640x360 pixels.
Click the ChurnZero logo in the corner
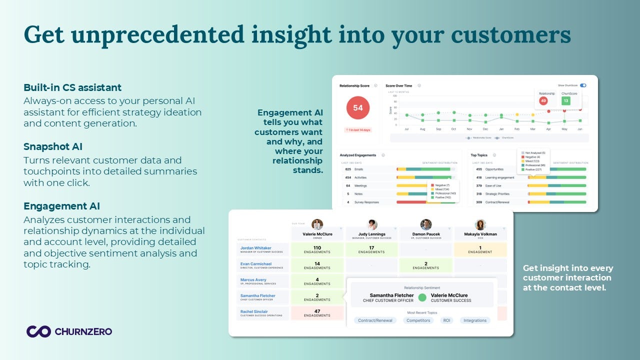(69, 331)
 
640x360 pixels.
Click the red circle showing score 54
(357, 107)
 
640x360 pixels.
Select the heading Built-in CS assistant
(72, 87)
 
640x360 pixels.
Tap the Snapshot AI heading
(53, 146)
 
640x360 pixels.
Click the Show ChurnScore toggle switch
(583, 85)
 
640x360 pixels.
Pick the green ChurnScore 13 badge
(566, 101)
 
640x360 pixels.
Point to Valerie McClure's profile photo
(317, 224)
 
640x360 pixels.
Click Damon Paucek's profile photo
(426, 224)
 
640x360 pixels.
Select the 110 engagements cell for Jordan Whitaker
(317, 249)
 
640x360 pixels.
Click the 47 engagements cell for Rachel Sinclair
(317, 313)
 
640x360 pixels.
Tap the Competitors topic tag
(418, 320)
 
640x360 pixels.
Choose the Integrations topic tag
(474, 320)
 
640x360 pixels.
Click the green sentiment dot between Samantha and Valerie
(422, 297)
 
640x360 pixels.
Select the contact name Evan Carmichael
(256, 263)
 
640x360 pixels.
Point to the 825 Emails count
(348, 169)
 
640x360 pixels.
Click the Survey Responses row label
(366, 202)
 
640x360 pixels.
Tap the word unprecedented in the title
(134, 34)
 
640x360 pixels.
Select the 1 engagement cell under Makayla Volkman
(480, 249)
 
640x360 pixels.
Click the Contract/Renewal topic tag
(375, 320)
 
